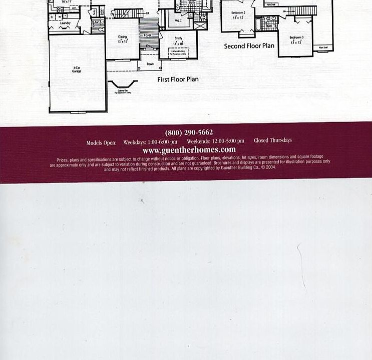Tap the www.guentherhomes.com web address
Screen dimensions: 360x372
pos(189,149)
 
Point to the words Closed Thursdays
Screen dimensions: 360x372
pos(273,140)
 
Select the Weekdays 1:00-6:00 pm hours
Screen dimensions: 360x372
pos(150,142)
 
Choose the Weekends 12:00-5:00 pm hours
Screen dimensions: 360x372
pos(215,141)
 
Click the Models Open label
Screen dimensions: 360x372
pos(101,142)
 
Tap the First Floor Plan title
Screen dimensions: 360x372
pos(178,79)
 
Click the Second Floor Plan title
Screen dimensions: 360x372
pos(249,46)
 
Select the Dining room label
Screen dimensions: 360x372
pos(123,36)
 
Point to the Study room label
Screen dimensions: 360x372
pos(178,38)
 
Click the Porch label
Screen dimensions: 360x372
pos(150,64)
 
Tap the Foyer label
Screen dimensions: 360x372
pos(148,35)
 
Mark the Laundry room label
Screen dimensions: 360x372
pos(65,23)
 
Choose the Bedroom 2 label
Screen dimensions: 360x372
pos(238,12)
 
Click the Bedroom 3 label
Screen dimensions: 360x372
pos(296,37)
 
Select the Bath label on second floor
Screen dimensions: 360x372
pos(269,26)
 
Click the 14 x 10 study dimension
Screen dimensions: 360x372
pos(178,44)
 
